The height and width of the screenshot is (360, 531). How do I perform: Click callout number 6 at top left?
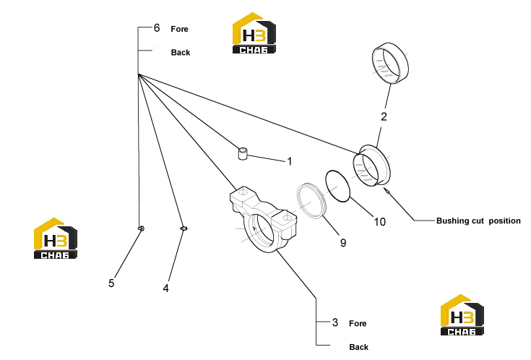tap(157, 27)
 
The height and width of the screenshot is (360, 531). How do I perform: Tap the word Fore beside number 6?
tap(179, 29)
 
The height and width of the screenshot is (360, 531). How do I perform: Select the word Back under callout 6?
tap(181, 53)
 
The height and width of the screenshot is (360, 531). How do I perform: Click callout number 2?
tap(384, 116)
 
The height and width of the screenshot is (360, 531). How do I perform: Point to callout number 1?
tap(290, 161)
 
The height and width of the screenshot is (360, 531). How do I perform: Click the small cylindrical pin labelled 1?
tap(243, 153)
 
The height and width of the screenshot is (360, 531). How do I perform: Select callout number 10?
tap(379, 222)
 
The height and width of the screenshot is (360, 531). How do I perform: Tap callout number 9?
tap(343, 243)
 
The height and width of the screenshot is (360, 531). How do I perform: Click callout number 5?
tap(111, 283)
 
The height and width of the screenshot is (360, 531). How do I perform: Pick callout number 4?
tap(165, 288)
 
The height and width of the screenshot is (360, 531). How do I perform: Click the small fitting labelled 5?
tap(141, 229)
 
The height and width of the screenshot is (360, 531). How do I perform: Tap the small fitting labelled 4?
tap(184, 229)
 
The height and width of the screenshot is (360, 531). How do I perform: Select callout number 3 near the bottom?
tap(335, 322)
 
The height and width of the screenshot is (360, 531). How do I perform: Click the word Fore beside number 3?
tap(358, 323)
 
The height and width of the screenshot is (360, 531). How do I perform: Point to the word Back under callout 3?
tap(358, 347)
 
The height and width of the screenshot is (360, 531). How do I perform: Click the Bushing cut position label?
tap(478, 221)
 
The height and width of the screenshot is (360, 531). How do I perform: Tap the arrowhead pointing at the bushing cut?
tap(385, 189)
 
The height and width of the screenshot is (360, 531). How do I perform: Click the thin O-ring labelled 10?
tap(337, 186)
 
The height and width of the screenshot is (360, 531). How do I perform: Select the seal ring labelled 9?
tap(311, 201)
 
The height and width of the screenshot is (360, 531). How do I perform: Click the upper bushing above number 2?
tap(390, 63)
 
